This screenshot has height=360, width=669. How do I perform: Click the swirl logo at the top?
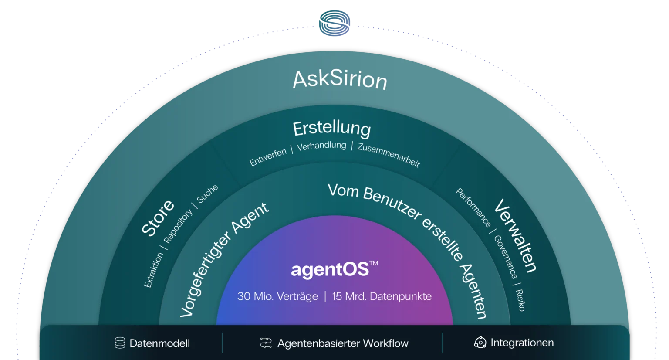(x=334, y=23)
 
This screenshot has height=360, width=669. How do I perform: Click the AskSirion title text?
(x=340, y=80)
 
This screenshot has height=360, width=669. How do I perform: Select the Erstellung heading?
(x=332, y=129)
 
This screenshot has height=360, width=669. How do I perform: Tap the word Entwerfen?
(x=268, y=157)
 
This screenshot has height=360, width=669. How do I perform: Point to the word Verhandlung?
(x=321, y=146)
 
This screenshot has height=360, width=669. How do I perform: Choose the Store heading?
(x=158, y=217)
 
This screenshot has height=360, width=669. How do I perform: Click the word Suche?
(x=207, y=194)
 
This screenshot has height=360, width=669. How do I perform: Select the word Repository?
(x=178, y=226)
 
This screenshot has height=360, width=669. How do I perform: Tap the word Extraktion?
(x=153, y=270)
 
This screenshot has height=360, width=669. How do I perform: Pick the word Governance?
(x=506, y=257)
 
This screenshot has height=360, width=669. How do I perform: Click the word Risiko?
(x=520, y=300)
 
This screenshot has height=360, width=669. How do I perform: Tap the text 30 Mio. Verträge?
(x=278, y=296)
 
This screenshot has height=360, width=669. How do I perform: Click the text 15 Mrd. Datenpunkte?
(x=382, y=296)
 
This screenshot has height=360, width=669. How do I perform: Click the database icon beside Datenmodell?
(x=120, y=343)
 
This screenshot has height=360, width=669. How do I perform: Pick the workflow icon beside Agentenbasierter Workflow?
(x=266, y=343)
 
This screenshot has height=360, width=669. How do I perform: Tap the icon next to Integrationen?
(x=480, y=343)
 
